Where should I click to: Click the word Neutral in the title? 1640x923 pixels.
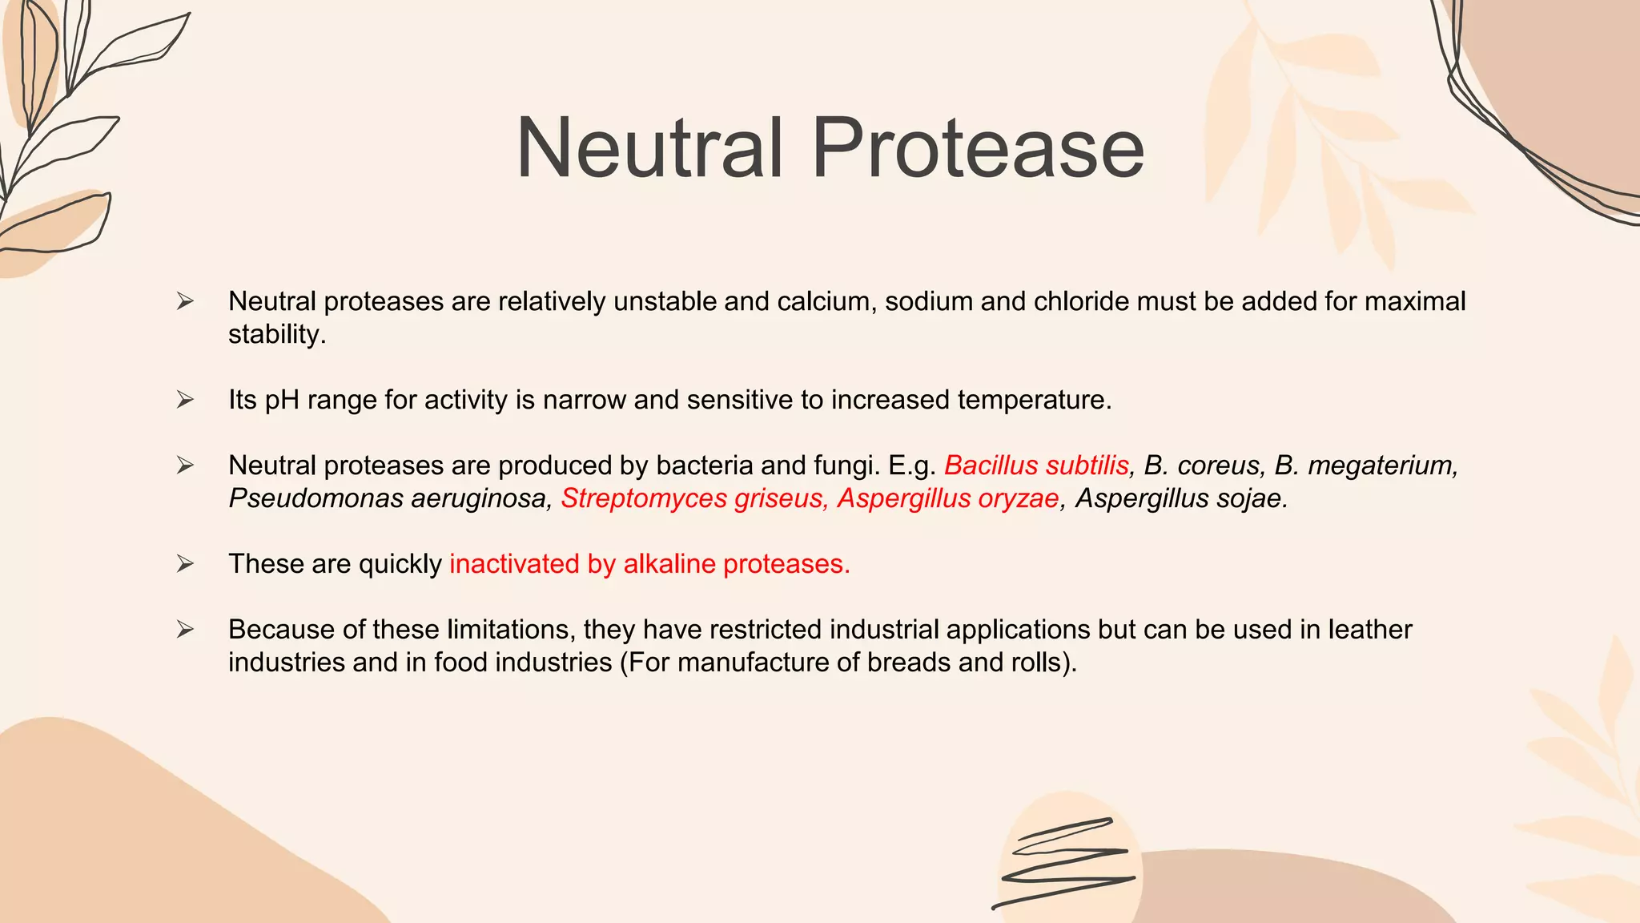649,148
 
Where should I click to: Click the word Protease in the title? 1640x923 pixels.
978,148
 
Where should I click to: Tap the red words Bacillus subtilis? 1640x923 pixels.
1036,466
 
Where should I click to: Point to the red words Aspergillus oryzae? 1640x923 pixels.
948,498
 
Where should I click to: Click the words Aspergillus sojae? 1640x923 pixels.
1181,498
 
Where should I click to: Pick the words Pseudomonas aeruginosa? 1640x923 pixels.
389,498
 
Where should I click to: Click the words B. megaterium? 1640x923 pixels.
1366,466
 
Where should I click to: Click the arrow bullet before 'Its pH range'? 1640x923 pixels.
185,400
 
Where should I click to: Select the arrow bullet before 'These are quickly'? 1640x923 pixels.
185,564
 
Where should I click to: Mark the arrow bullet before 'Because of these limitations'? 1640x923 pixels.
185,630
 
